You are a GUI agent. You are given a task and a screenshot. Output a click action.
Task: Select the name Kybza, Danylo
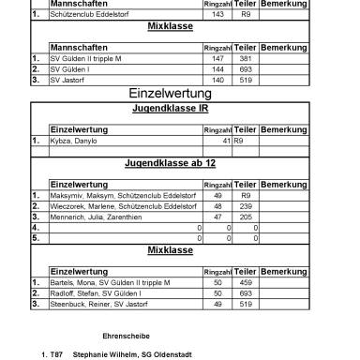click(x=73, y=141)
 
